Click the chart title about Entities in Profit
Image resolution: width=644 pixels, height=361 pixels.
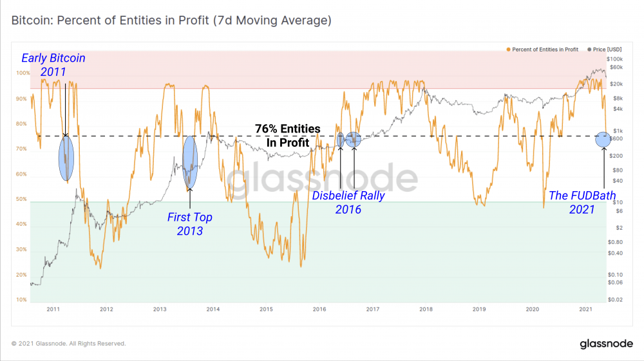[171, 20]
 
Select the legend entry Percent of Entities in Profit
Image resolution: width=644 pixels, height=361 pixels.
[543, 49]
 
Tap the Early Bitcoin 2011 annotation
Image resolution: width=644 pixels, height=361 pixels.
[53, 64]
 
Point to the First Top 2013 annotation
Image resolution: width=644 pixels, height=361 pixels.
[189, 224]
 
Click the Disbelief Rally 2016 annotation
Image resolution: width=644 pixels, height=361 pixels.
[348, 202]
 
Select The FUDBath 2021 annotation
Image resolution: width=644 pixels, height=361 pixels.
[582, 202]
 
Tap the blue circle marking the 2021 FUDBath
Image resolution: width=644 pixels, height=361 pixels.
[603, 138]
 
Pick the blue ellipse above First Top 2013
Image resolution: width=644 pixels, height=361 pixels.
[189, 162]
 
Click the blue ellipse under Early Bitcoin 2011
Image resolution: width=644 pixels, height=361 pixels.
[66, 158]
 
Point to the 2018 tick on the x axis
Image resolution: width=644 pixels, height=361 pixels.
[425, 310]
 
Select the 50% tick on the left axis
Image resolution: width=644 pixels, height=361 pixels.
[21, 199]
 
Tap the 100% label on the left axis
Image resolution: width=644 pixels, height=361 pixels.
[23, 73]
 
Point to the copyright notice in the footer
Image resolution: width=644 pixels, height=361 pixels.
[69, 344]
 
